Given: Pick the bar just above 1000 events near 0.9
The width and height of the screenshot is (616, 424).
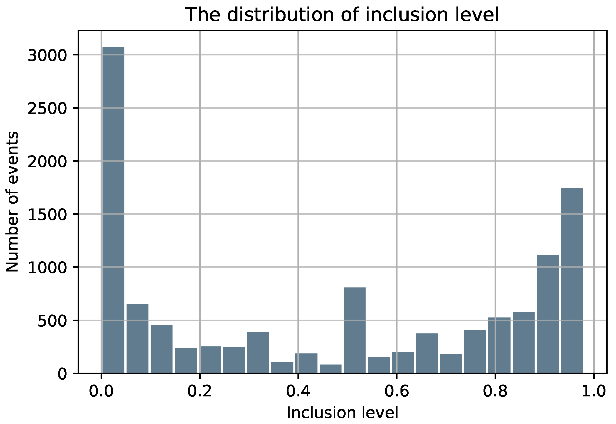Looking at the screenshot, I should click(x=548, y=314).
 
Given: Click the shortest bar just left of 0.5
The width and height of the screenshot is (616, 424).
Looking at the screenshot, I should click(x=330, y=369).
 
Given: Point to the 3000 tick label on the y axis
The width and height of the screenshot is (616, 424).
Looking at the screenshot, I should click(x=47, y=55).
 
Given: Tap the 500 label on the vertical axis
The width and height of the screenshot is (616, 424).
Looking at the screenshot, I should click(x=52, y=321).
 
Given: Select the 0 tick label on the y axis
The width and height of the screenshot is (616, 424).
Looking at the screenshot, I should click(x=62, y=374).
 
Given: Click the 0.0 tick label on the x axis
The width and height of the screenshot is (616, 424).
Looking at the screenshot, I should click(x=101, y=392).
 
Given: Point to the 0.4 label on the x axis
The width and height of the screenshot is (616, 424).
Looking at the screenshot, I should click(x=298, y=392).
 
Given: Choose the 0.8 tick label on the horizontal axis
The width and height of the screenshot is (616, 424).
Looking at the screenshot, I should click(x=495, y=392).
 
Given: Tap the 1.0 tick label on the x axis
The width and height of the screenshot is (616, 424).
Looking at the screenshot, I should click(x=593, y=392).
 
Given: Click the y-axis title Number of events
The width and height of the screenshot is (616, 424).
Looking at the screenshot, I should click(x=12, y=202).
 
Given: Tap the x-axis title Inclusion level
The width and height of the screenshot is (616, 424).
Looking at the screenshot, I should click(x=342, y=413).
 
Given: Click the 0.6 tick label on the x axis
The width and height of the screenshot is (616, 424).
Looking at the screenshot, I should click(x=396, y=392).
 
